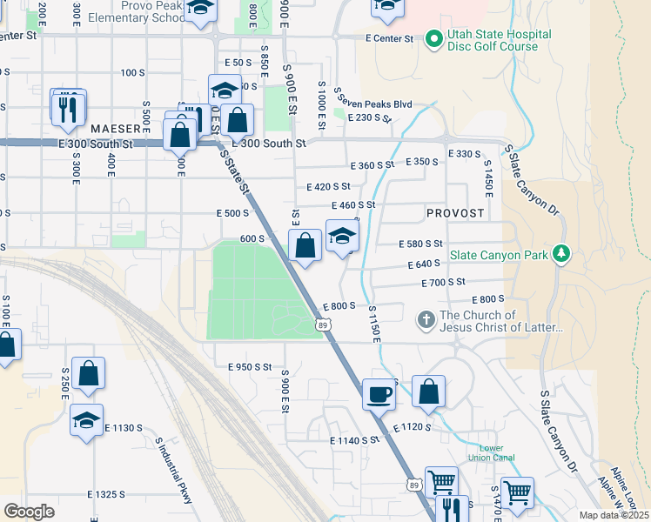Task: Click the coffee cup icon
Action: [378, 394]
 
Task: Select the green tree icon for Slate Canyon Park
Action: [562, 253]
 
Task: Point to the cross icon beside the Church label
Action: [426, 320]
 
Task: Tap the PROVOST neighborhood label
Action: [454, 213]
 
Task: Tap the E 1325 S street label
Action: [106, 494]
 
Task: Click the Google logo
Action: [29, 511]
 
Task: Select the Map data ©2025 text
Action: [614, 515]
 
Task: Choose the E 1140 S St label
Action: [355, 440]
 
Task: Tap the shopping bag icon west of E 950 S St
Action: [88, 373]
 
